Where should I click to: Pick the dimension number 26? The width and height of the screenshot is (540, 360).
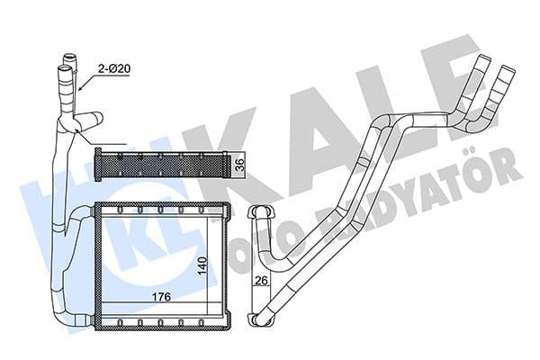click(x=262, y=283)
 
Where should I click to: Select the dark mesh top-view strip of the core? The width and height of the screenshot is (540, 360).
click(x=162, y=165)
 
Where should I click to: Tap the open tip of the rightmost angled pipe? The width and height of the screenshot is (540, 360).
click(x=508, y=67)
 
